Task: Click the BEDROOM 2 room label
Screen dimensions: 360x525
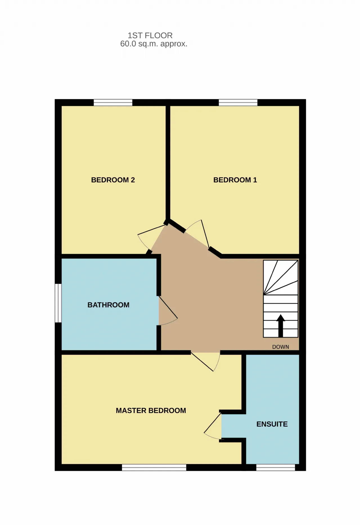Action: (113, 180)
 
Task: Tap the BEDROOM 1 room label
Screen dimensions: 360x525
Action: (235, 180)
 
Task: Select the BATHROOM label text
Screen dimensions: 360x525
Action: (108, 305)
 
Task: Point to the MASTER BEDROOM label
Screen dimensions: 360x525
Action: (151, 411)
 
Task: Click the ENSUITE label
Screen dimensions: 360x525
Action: (272, 424)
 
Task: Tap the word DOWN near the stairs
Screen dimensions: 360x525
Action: (280, 347)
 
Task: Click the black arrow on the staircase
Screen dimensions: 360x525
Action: (280, 326)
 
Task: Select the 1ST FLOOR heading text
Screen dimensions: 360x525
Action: (150, 35)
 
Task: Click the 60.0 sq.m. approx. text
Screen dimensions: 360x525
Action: (154, 44)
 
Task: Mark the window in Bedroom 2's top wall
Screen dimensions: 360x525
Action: (113, 102)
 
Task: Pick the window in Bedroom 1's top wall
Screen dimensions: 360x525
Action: (238, 102)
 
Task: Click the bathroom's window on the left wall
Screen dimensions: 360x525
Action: (58, 303)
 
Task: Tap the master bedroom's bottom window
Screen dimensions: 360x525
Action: (154, 467)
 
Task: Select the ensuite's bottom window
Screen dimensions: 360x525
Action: (276, 467)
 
